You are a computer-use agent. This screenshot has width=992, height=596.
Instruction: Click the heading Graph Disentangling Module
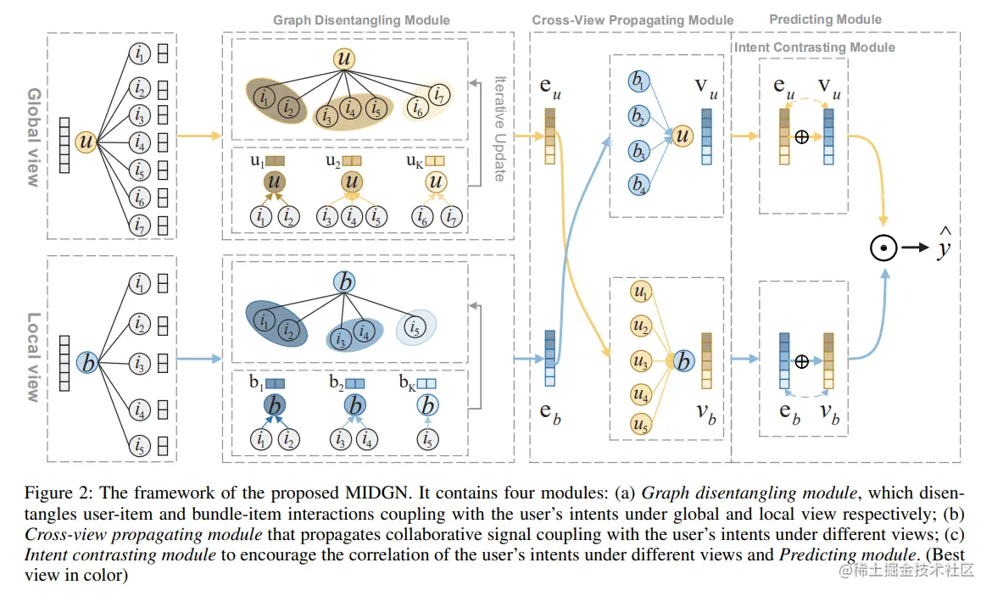[361, 20]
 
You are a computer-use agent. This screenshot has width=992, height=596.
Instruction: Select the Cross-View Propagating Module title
[633, 20]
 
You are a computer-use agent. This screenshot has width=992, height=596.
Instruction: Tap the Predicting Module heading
[825, 19]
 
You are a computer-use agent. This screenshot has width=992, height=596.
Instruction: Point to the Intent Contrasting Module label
[815, 47]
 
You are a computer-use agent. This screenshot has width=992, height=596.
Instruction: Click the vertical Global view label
[34, 136]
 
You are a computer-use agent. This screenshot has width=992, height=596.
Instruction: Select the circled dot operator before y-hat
[883, 248]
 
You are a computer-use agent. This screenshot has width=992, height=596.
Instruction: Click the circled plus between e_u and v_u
[801, 136]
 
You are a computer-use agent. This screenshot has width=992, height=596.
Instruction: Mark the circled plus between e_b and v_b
[801, 360]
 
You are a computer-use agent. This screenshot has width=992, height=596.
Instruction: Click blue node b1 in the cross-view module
[638, 81]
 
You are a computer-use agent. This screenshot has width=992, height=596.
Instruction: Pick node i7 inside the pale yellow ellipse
[438, 94]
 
